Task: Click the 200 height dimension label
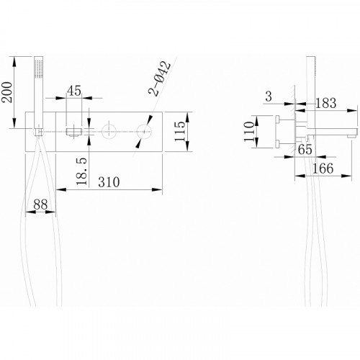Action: click(x=6, y=92)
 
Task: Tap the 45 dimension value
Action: click(x=74, y=91)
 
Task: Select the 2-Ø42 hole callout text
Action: click(x=160, y=78)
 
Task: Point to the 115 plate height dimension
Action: click(x=180, y=132)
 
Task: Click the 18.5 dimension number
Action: click(x=81, y=171)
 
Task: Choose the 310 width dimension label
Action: click(x=109, y=182)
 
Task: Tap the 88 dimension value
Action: click(x=40, y=204)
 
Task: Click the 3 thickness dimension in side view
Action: click(x=269, y=96)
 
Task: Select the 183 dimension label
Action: click(x=325, y=103)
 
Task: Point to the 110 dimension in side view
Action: click(x=249, y=132)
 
